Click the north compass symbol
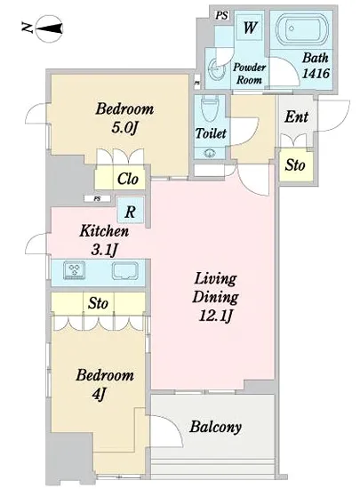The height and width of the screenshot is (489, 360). [x=50, y=28]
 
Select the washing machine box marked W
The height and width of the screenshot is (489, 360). [x=250, y=28]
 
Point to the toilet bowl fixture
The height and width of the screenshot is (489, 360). [x=210, y=110]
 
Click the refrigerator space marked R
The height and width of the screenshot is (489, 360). [x=131, y=211]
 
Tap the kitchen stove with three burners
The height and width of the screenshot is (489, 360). [x=74, y=269]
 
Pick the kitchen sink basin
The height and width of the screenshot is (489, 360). [x=125, y=270]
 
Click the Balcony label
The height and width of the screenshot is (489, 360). [x=216, y=427]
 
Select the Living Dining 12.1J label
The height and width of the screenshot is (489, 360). [x=215, y=297]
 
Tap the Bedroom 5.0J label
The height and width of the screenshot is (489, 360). [x=124, y=117]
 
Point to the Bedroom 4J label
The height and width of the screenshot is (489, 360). [x=105, y=384]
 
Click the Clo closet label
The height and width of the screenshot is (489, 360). [x=127, y=179]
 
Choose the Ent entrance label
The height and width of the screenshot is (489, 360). [x=296, y=116]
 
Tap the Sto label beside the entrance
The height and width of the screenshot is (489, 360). [x=294, y=165]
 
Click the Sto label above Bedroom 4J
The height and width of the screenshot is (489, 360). [x=98, y=303]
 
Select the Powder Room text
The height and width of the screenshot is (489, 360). [x=249, y=73]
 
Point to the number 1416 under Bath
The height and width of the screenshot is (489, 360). [x=316, y=73]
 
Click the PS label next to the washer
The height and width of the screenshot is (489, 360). [x=221, y=15]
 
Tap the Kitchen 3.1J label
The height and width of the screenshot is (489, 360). [x=104, y=240]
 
